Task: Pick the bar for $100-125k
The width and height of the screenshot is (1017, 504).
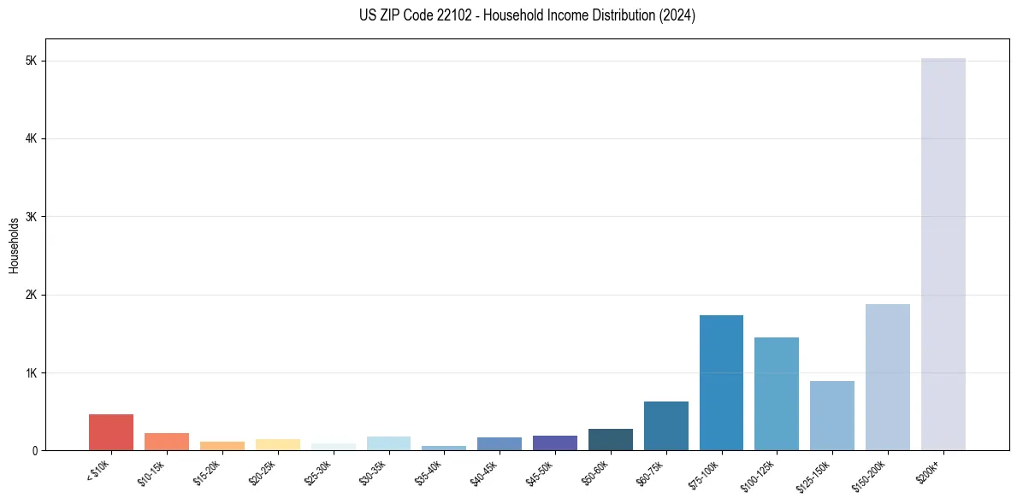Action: pyautogui.click(x=777, y=394)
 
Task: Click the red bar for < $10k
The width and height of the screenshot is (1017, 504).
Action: pyautogui.click(x=111, y=432)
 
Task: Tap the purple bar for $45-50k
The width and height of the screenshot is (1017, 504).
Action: pyautogui.click(x=554, y=443)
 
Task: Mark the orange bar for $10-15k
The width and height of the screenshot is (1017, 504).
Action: pyautogui.click(x=167, y=442)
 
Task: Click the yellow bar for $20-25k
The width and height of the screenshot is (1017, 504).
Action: pyautogui.click(x=277, y=445)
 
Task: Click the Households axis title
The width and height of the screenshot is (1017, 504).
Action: pyautogui.click(x=14, y=245)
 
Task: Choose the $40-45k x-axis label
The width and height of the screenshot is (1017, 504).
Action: pyautogui.click(x=485, y=472)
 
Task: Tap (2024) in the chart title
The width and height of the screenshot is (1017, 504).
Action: pyautogui.click(x=677, y=15)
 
